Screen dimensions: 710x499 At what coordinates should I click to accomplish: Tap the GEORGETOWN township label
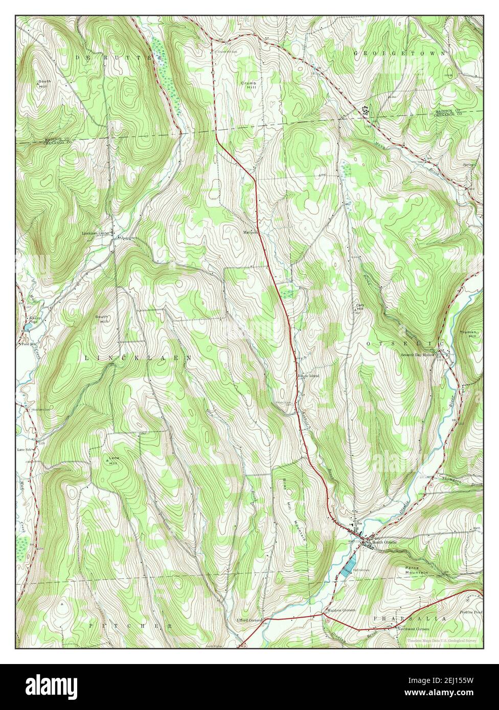(x=399, y=53)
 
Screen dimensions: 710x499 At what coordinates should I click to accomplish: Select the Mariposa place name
(x=252, y=231)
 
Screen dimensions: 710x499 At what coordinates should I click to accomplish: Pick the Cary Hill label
(x=360, y=308)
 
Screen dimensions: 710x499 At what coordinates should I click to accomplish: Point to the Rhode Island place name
(x=309, y=375)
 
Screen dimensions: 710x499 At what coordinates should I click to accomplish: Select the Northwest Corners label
(x=415, y=629)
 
